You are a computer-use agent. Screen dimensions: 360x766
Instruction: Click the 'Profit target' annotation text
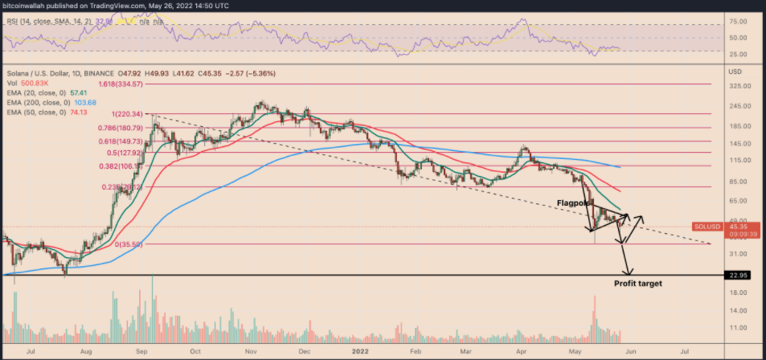click(638, 284)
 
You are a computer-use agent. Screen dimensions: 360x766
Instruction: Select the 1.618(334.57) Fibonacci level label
click(121, 83)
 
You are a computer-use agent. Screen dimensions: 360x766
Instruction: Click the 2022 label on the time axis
click(364, 351)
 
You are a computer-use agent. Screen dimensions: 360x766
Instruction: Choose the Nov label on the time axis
click(250, 351)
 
